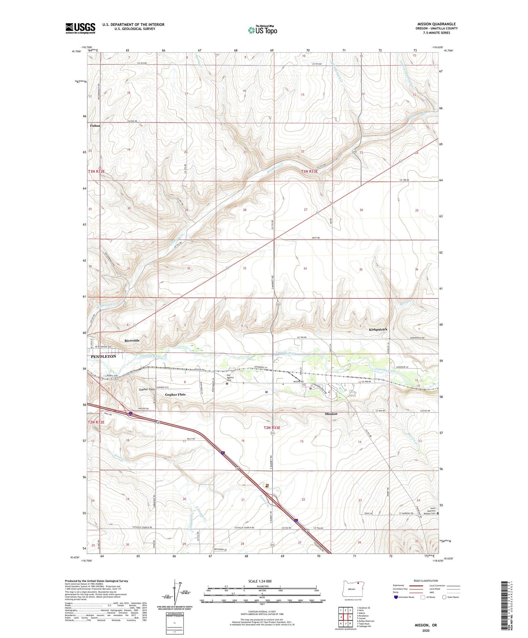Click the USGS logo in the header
click(x=80, y=28)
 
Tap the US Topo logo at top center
click(x=263, y=30)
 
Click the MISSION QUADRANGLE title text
click(x=436, y=24)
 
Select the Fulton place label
click(x=95, y=126)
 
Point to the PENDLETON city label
click(x=103, y=356)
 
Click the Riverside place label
click(x=132, y=340)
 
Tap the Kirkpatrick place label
click(x=378, y=330)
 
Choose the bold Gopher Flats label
click(x=175, y=395)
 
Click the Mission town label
click(x=331, y=414)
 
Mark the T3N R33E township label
click(x=309, y=171)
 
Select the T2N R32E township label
click(x=96, y=422)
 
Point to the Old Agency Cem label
click(x=230, y=377)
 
